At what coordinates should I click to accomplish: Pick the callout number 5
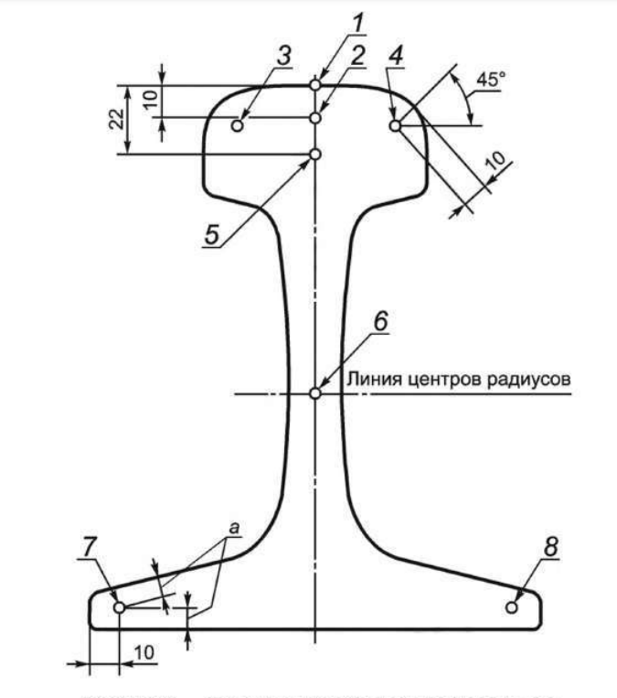click(212, 233)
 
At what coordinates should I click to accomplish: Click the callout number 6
click(380, 320)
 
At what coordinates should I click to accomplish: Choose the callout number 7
click(89, 546)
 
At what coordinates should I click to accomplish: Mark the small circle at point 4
click(394, 125)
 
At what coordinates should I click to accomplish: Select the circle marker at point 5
click(314, 155)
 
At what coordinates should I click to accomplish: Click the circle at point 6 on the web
click(314, 393)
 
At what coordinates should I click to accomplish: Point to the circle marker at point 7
click(119, 606)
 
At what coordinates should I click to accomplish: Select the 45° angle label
click(489, 81)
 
